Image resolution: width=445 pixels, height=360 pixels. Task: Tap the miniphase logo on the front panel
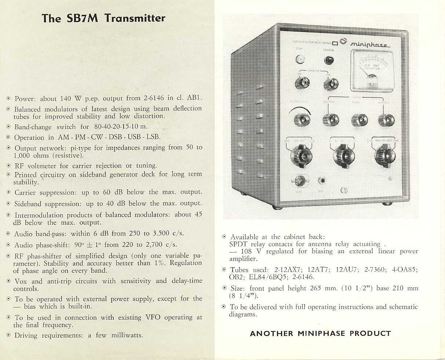click(x=370, y=44)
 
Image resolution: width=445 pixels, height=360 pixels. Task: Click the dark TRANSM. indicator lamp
click(x=329, y=60)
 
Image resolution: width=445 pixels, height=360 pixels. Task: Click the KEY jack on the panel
click(x=322, y=181)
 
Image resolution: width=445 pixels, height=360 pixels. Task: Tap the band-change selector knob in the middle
click(x=343, y=154)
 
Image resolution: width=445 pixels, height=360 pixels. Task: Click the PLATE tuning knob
click(x=359, y=120)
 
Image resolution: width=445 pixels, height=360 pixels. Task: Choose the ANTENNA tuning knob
click(x=386, y=120)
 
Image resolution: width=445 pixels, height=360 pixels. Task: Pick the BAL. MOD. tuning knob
click(x=330, y=119)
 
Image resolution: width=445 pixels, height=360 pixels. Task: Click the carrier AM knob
click(x=302, y=83)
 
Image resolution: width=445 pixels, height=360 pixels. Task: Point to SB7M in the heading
click(x=82, y=18)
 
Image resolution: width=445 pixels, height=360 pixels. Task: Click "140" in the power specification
click(x=66, y=98)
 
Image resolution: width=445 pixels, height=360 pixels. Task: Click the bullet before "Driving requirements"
click(x=8, y=335)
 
